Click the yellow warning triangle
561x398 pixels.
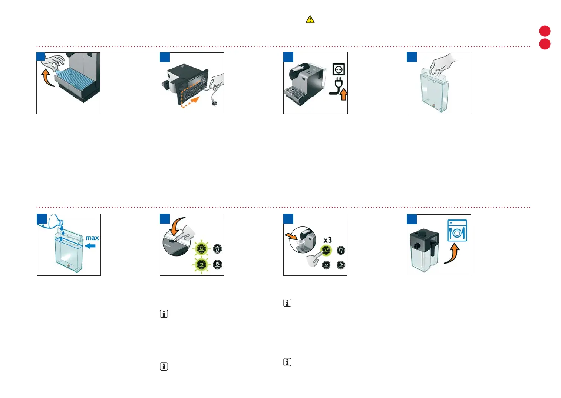coord(310,19)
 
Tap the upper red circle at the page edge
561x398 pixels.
coord(545,31)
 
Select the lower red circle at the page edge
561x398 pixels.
coord(545,44)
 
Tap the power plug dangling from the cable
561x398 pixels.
coord(214,104)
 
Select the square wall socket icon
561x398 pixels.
coord(339,69)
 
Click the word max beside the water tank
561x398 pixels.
coord(92,238)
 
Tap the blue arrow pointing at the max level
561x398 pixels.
coord(90,246)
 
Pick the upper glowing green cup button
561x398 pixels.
coord(201,248)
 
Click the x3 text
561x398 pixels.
coord(328,240)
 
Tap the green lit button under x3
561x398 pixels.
coord(326,250)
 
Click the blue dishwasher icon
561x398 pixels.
coord(457,231)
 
